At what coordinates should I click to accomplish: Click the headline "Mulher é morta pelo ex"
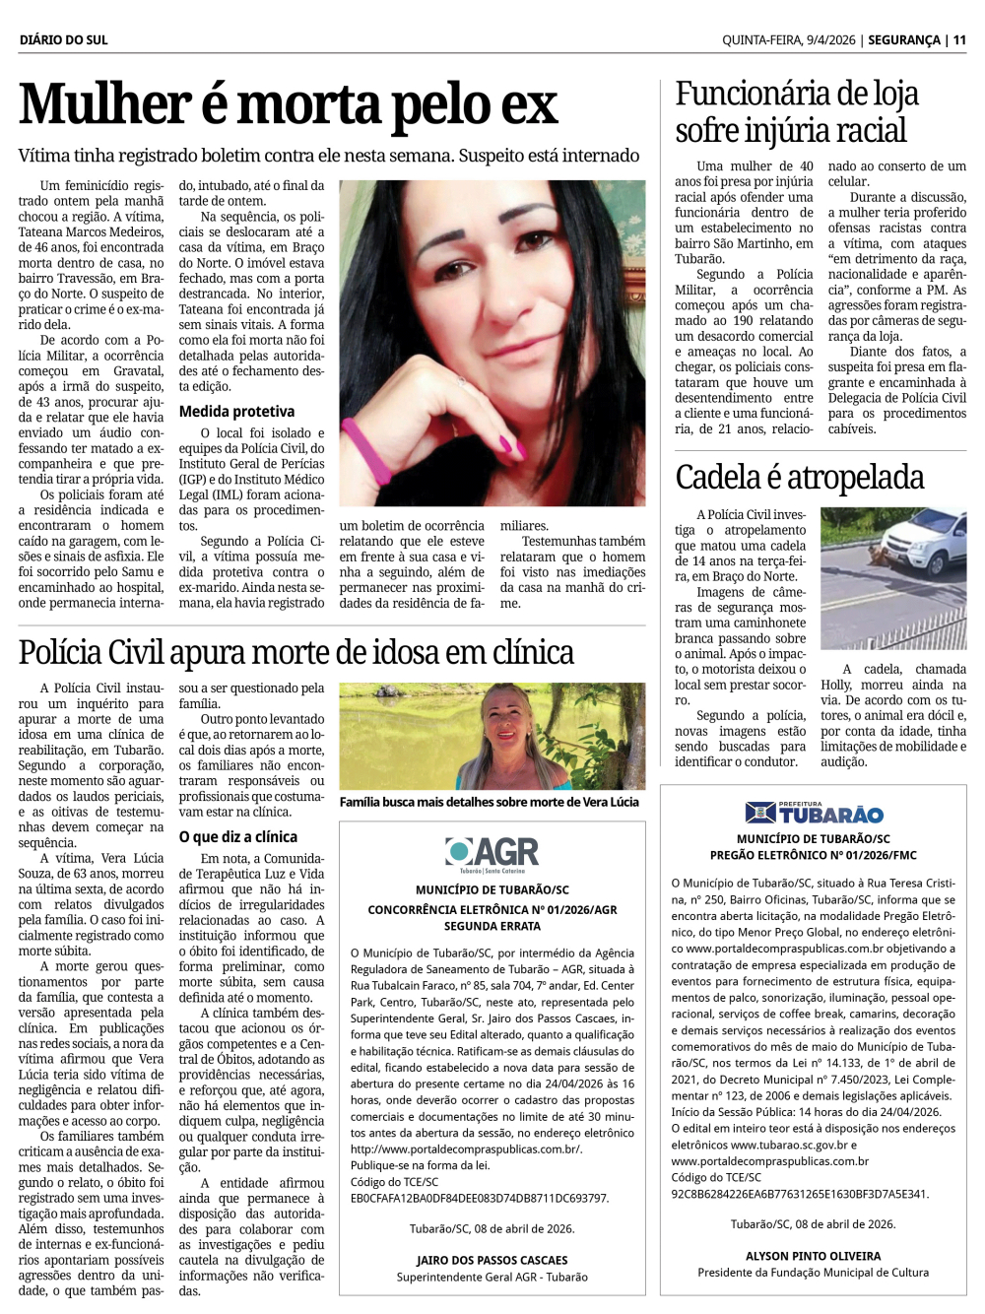(x=288, y=105)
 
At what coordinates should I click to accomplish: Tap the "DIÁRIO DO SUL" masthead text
(x=63, y=39)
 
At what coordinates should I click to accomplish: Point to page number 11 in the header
(x=959, y=39)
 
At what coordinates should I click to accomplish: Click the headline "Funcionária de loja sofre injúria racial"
(x=796, y=111)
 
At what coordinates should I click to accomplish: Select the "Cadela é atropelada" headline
(x=799, y=478)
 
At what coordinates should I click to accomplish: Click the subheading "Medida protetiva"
(x=236, y=412)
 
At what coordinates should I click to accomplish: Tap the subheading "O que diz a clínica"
(x=237, y=837)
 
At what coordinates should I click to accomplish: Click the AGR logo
(x=492, y=853)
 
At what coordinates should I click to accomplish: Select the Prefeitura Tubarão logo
(x=814, y=814)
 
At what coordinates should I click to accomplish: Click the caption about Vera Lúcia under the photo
(x=489, y=802)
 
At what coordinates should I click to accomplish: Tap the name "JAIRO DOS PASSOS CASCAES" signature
(x=492, y=1260)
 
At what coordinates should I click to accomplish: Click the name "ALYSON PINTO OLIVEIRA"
(x=813, y=1256)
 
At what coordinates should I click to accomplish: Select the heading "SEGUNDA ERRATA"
(x=492, y=926)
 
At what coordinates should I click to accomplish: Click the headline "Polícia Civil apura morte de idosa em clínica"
(x=295, y=652)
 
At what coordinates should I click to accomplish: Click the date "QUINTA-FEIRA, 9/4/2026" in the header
(x=788, y=39)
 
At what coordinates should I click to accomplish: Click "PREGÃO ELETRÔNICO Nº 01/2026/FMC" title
(x=813, y=855)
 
